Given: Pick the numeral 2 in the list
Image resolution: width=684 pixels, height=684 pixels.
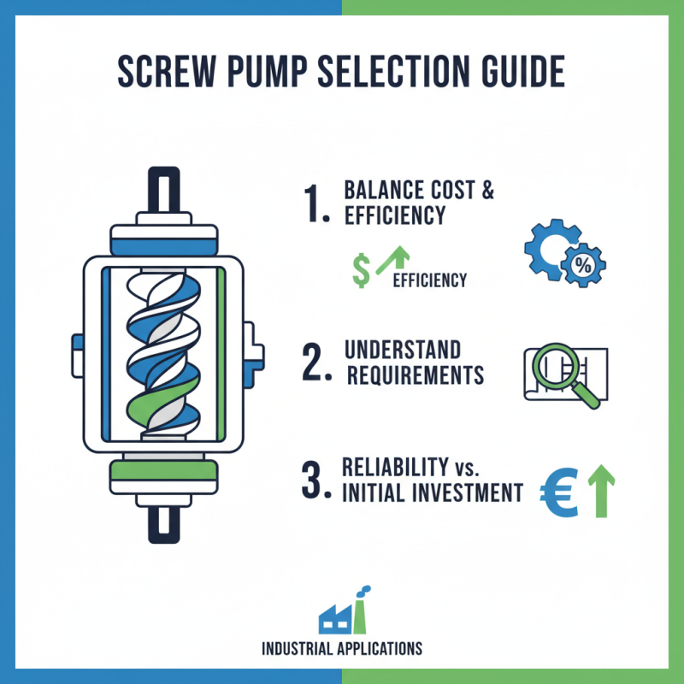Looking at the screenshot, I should pos(315,363).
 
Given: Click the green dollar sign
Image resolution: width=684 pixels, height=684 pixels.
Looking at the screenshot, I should pos(362,270).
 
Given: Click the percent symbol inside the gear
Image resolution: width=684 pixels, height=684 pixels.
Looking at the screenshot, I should pos(584,266).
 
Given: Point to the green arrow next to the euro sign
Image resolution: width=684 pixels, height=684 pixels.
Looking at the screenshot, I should pos(598,492).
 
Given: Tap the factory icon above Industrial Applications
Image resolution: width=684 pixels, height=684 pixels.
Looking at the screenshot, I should pos(341,612).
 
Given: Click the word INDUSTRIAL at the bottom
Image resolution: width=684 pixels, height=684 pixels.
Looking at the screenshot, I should pos(299,648).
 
